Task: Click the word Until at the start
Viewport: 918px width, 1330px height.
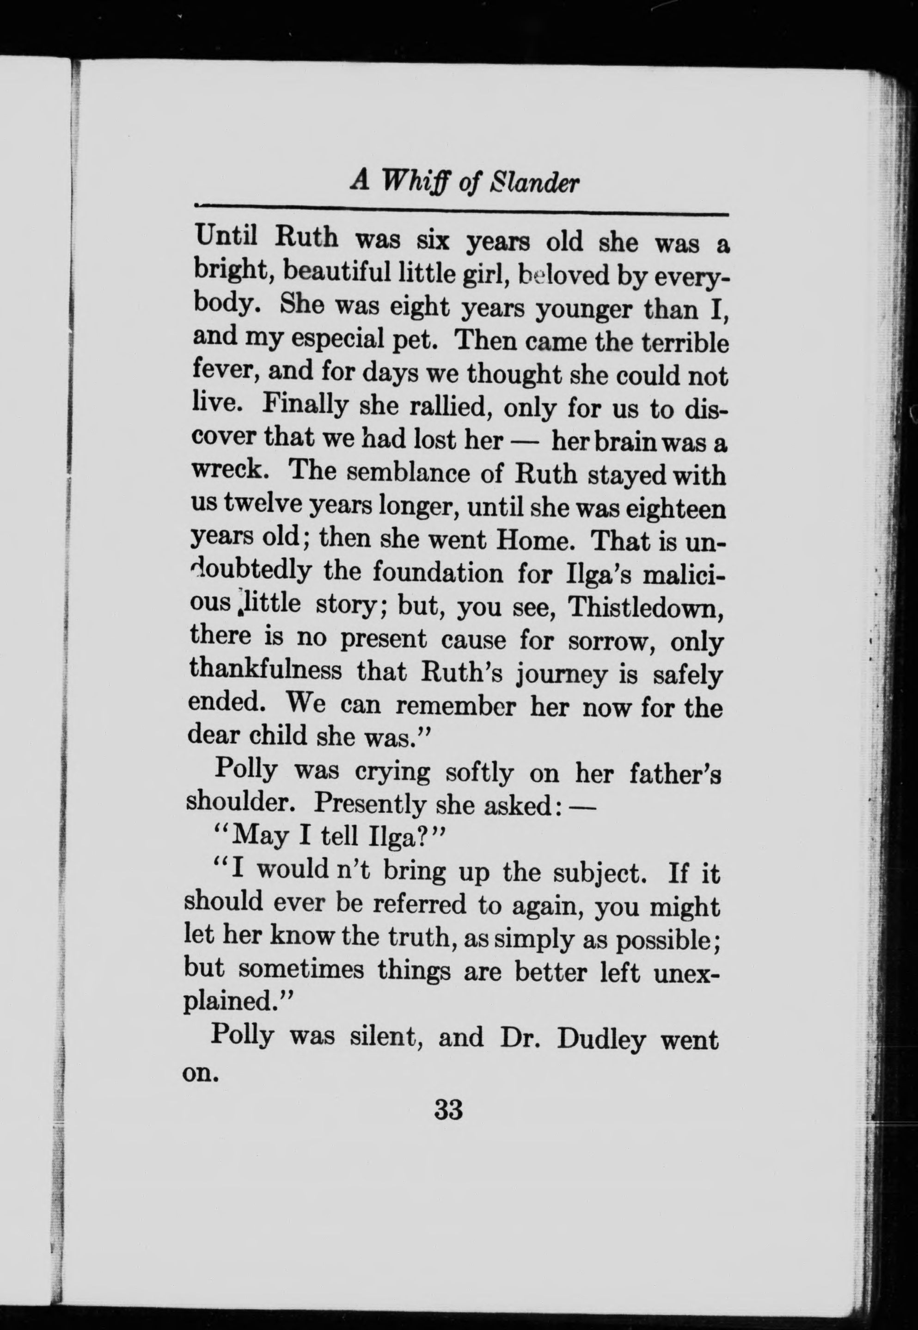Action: coord(226,235)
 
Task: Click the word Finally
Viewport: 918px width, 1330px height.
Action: coord(305,405)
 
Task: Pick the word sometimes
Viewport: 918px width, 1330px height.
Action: coord(301,970)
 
